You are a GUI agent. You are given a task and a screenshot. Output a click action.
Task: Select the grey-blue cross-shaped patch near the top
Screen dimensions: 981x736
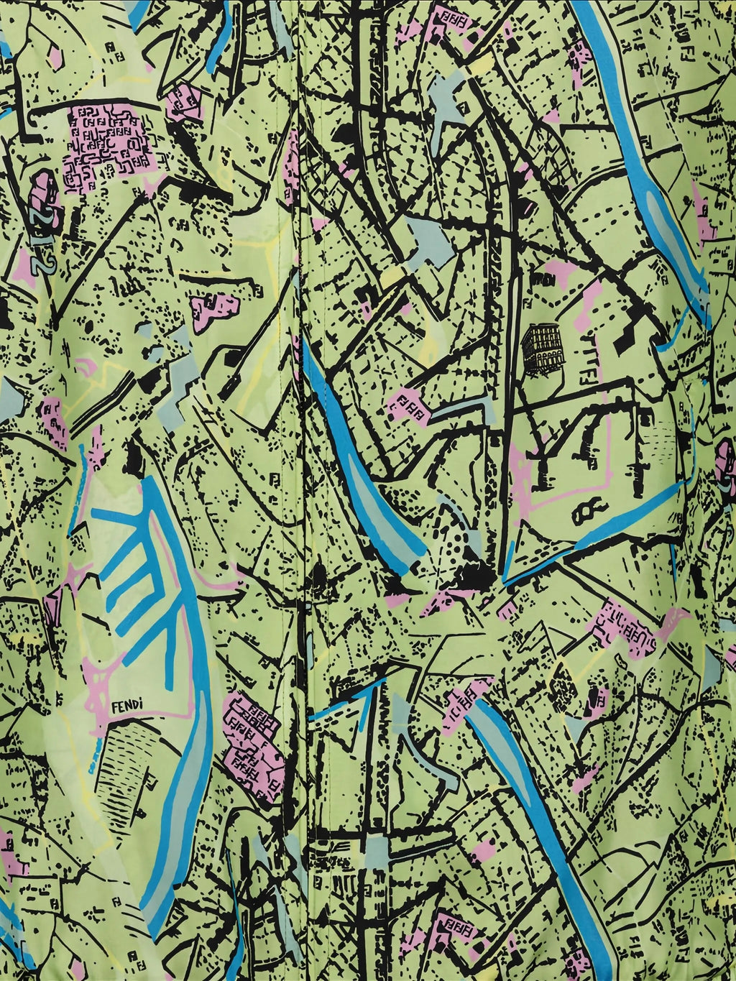click(x=449, y=108)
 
